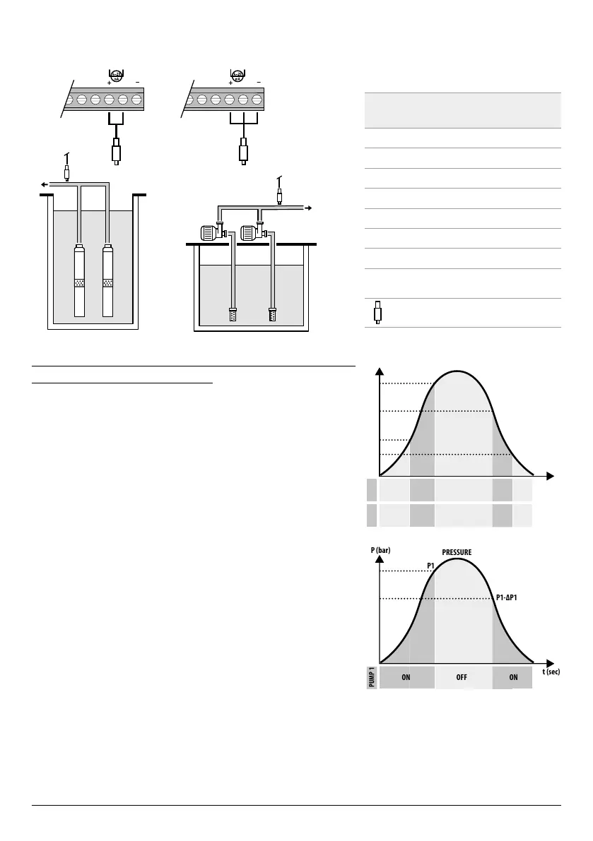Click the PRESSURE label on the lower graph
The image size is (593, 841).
457,552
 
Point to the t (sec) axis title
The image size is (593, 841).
551,672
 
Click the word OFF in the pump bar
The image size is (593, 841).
462,676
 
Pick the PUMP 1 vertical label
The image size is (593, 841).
372,676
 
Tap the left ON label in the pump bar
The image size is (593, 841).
406,676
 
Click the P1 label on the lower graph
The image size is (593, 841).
430,566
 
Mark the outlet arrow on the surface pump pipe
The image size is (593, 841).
308,208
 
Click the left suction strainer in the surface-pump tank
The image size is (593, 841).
232,314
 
